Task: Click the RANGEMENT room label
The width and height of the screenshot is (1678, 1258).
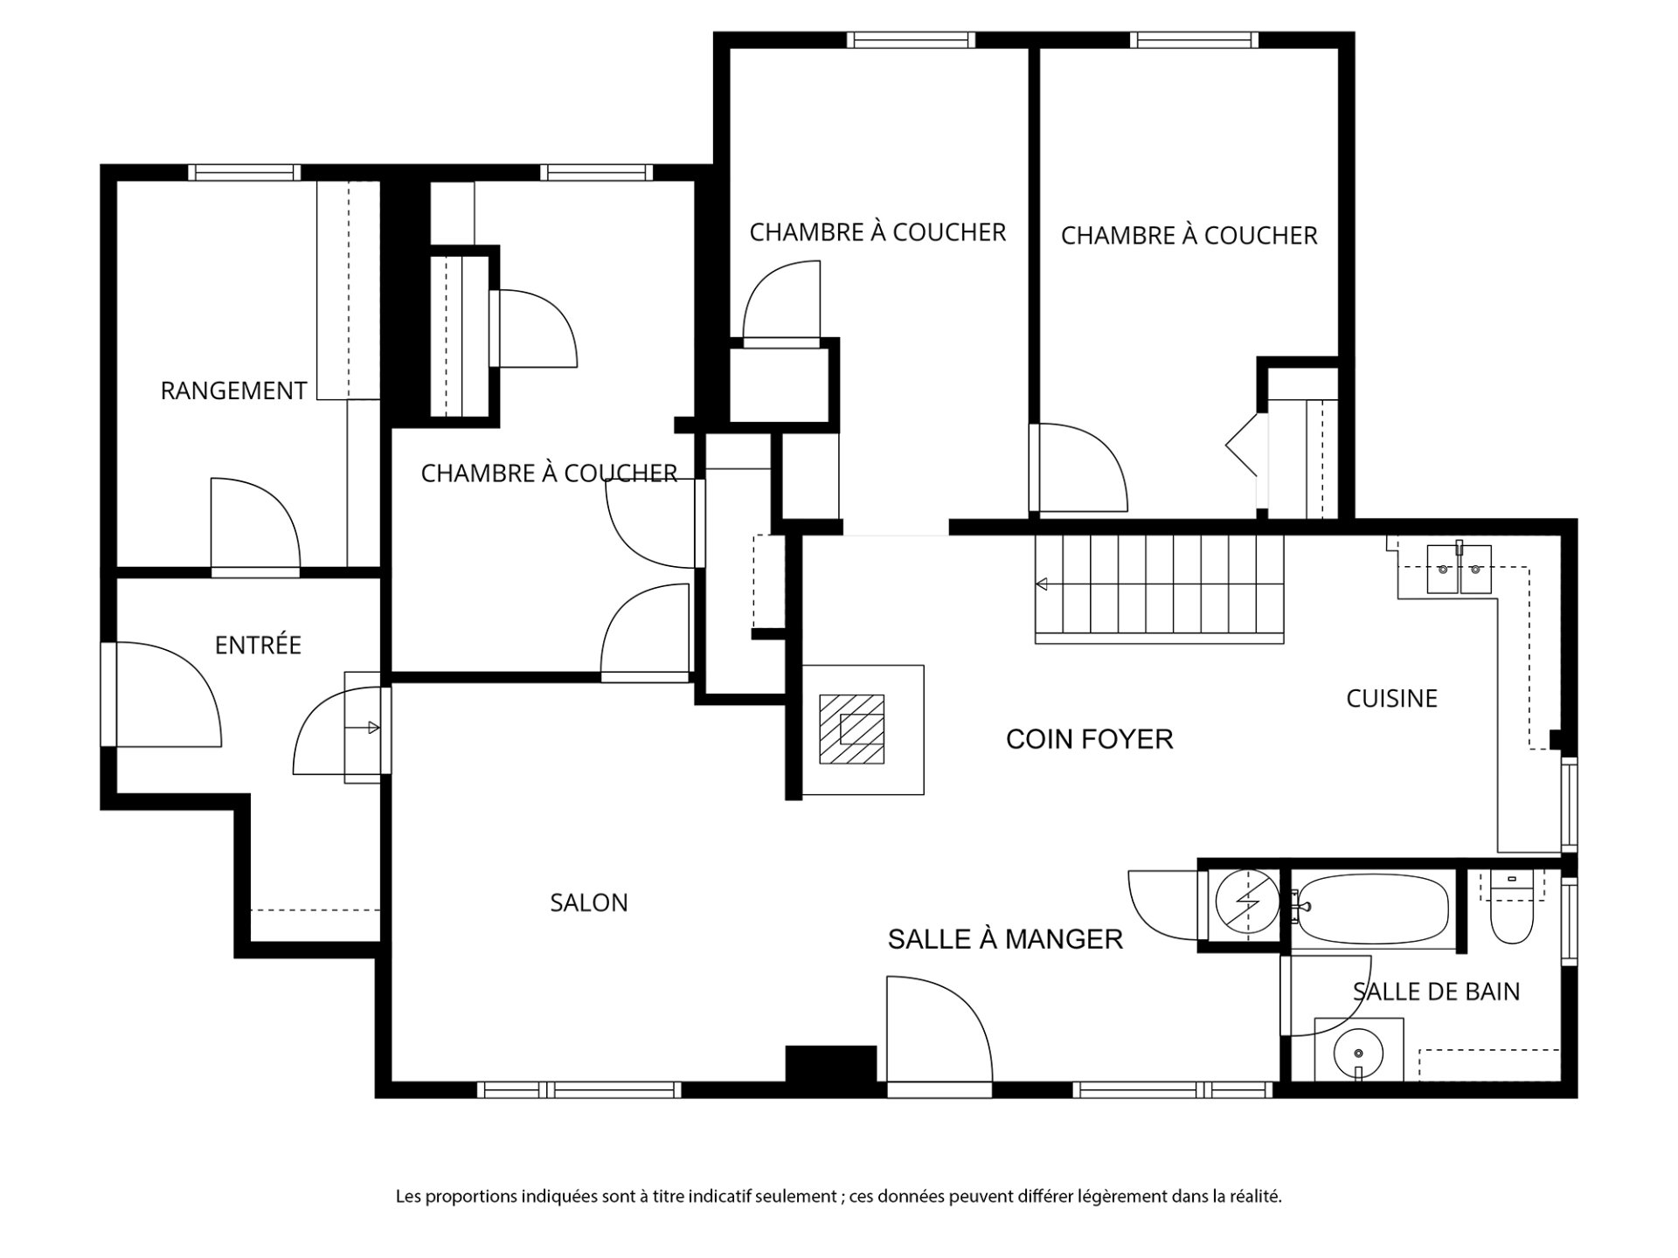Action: [x=233, y=391]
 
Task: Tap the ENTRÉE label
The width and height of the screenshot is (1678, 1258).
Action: [x=258, y=645]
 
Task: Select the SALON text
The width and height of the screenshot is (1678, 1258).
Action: [x=589, y=902]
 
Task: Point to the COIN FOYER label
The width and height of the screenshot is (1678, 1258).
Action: [x=1089, y=739]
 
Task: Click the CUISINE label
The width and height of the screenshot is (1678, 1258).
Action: [x=1391, y=698]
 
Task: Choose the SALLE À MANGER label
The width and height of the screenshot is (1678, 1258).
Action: [x=1005, y=939]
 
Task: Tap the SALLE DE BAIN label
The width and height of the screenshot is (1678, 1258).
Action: [x=1436, y=992]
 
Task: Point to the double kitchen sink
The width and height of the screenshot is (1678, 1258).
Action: [x=1459, y=569]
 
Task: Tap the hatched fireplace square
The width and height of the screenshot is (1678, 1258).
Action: [x=851, y=729]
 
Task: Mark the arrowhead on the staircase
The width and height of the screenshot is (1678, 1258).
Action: [x=1041, y=584]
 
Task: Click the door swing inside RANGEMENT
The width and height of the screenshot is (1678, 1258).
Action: [x=256, y=524]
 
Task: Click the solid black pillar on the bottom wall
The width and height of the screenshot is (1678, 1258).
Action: [x=830, y=1064]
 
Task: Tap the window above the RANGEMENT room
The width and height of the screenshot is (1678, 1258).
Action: [x=244, y=172]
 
